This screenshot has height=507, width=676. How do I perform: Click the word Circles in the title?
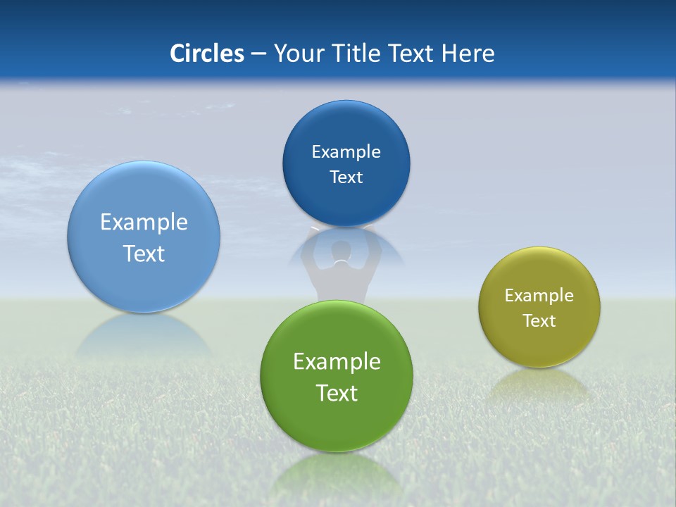[x=207, y=54]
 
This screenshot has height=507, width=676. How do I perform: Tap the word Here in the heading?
[x=468, y=54]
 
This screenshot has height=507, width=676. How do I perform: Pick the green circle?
[x=336, y=423]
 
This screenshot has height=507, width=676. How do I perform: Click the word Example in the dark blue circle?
[x=346, y=152]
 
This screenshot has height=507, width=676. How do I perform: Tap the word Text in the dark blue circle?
[x=346, y=177]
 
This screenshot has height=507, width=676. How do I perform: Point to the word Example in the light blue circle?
[x=144, y=223]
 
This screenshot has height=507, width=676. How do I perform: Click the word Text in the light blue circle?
[x=144, y=254]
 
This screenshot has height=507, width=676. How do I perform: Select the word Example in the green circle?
[x=337, y=362]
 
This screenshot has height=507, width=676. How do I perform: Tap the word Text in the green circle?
[x=337, y=393]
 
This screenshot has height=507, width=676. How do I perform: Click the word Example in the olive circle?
[x=539, y=296]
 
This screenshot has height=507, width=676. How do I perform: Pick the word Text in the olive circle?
[x=539, y=321]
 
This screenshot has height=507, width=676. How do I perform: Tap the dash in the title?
[x=258, y=54]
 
